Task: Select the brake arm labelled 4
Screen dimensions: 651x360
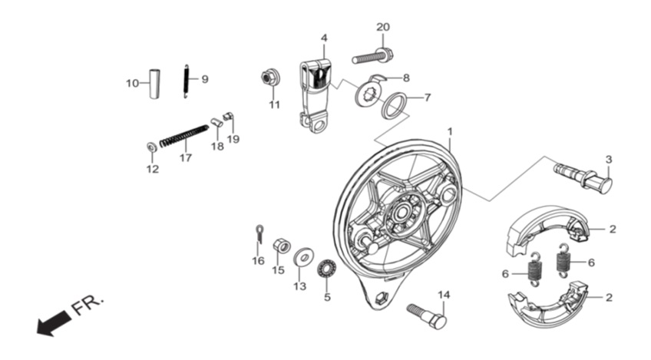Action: tap(315, 95)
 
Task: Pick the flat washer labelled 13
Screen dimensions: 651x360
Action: tap(303, 257)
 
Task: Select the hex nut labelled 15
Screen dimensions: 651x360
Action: tap(282, 246)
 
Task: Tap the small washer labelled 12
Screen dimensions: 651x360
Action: tap(152, 147)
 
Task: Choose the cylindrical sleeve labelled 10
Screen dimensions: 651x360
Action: tap(155, 84)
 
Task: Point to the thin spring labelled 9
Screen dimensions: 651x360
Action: tap(187, 81)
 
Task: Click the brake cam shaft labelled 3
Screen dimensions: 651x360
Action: tap(583, 177)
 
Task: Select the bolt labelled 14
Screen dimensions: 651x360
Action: tap(427, 316)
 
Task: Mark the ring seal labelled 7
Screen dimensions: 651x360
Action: tap(395, 106)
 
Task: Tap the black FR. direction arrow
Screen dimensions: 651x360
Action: tap(54, 322)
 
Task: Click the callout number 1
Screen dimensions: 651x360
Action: tap(450, 131)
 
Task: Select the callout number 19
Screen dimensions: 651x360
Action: tap(233, 139)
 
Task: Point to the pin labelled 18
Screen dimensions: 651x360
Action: tap(216, 123)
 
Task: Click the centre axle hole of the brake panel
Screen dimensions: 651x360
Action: tap(402, 213)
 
